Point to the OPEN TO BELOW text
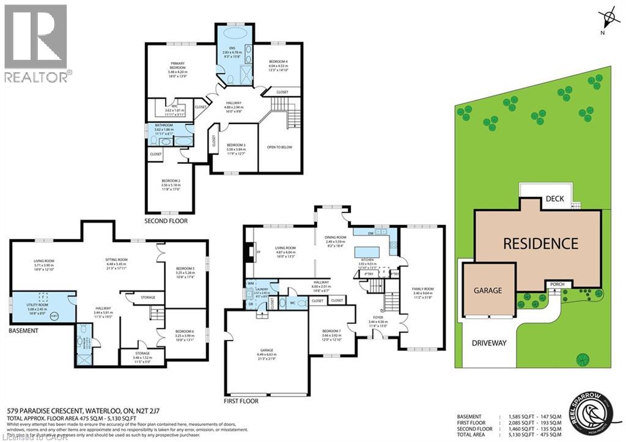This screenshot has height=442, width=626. click(x=280, y=147)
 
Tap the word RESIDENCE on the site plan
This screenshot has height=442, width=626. click(x=540, y=243)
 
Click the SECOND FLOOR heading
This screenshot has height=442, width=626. click(x=166, y=221)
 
